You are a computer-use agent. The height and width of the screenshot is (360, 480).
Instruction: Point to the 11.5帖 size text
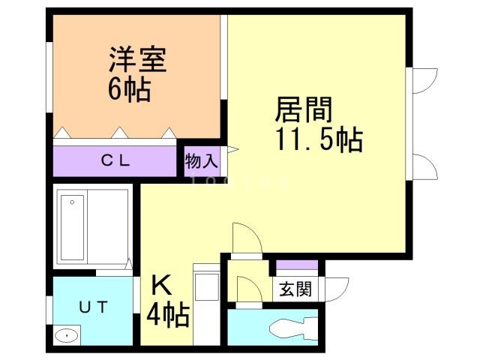[319, 140]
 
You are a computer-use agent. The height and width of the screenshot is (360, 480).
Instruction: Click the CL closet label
[116, 160]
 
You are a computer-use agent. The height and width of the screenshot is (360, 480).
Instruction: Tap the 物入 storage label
[201, 160]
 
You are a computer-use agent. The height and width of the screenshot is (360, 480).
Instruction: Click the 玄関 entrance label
[295, 289]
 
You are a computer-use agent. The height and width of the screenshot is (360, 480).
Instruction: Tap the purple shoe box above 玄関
[297, 265]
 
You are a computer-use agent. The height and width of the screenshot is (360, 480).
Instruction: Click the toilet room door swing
[247, 289]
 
